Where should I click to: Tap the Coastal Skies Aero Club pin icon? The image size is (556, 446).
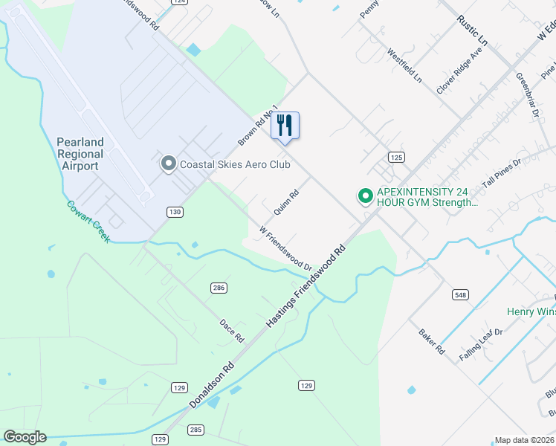(169, 164)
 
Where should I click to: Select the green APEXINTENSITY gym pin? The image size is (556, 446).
(365, 196)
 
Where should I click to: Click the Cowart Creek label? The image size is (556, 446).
(88, 222)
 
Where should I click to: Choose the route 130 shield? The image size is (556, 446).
(175, 213)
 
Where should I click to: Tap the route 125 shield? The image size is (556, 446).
(395, 157)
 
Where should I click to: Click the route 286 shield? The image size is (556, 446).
(219, 288)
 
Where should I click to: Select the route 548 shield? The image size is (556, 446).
(460, 295)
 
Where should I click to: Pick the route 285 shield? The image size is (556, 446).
(195, 430)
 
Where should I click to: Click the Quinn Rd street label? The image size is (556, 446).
(286, 201)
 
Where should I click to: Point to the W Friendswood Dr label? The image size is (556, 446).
(285, 248)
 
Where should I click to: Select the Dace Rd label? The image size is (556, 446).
(232, 331)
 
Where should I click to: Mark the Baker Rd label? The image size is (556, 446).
(431, 342)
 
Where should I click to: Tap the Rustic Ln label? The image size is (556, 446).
(472, 29)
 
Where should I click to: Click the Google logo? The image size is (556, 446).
(25, 437)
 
